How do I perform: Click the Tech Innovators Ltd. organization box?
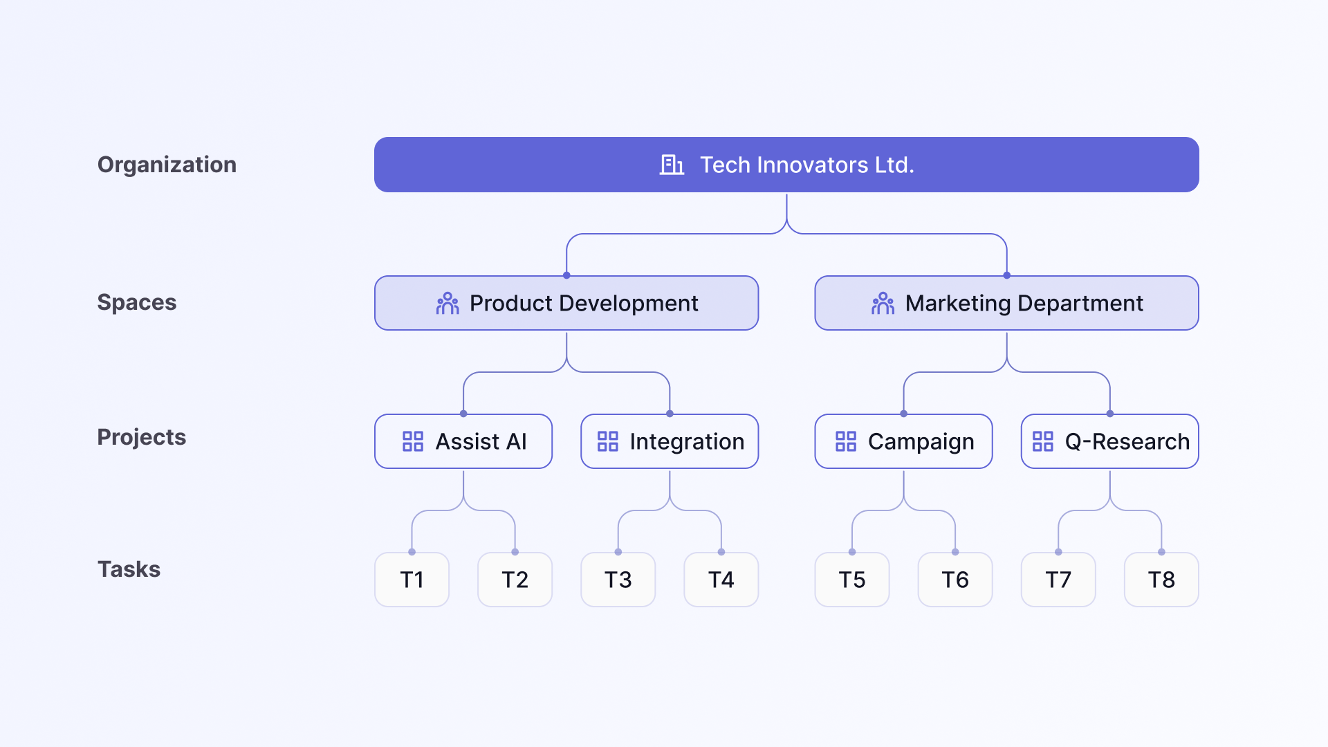coord(786,165)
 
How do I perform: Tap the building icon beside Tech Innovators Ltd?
coord(672,165)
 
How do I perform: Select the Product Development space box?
coord(566,303)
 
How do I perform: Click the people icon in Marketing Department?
coord(883,303)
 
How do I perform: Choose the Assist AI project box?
coord(463,441)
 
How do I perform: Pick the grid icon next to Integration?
coord(608,441)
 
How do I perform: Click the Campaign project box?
coord(903,441)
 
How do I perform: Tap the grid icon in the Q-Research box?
coord(1042,441)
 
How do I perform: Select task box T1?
coord(412,580)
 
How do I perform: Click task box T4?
coord(721,580)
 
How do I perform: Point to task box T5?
coord(852,580)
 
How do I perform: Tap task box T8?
coord(1161,580)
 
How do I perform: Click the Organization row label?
coord(167,165)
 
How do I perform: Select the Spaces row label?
coord(137,302)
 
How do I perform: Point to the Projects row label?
coord(142,437)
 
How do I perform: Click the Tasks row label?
coord(129,569)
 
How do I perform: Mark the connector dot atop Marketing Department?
coord(1006,275)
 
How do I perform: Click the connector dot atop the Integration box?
coord(670,414)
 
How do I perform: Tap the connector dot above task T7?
coord(1058,552)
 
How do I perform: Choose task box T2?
coord(515,580)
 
